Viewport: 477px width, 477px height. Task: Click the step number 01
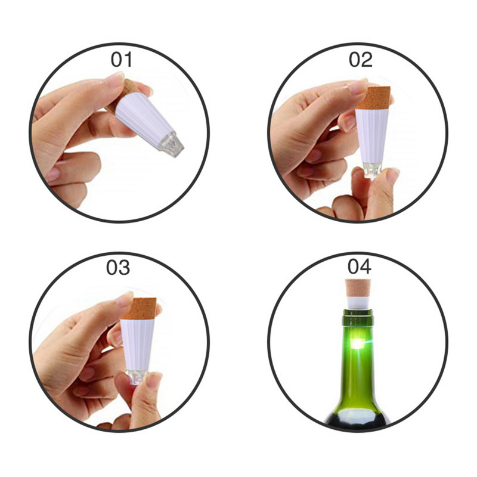pos(122,60)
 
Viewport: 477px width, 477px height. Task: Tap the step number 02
pos(361,60)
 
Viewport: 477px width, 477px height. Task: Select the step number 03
pos(118,268)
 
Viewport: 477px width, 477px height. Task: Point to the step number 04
pos(360,267)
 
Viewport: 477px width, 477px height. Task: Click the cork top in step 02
pos(374,98)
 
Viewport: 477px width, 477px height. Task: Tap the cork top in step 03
pos(140,308)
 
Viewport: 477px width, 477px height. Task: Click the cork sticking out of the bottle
pos(358,289)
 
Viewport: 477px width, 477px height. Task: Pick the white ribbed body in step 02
pos(371,136)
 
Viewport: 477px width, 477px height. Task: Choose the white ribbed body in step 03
pos(138,345)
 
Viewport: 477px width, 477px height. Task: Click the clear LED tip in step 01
pos(171,145)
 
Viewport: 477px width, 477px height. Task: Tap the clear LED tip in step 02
pos(372,170)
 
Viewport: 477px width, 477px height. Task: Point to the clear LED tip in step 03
pos(137,377)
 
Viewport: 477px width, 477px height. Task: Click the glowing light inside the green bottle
pos(358,344)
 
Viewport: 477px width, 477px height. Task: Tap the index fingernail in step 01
pos(114,79)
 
